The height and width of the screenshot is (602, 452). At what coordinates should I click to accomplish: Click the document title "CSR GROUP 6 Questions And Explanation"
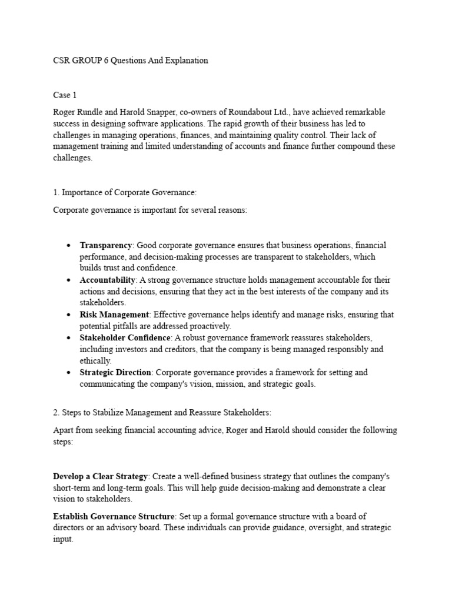click(x=131, y=61)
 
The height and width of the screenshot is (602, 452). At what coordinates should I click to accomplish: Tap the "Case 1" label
click(x=65, y=95)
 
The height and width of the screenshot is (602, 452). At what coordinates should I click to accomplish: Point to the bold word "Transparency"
click(x=106, y=245)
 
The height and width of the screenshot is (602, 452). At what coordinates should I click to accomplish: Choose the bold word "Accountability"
click(x=108, y=280)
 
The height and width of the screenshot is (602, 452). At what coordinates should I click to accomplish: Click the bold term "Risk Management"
click(x=114, y=315)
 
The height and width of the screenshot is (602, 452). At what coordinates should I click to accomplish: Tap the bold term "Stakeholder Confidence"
click(x=125, y=337)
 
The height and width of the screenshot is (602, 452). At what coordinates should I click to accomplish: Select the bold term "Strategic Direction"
click(x=116, y=372)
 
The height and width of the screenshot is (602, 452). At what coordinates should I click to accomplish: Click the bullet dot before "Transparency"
click(x=69, y=246)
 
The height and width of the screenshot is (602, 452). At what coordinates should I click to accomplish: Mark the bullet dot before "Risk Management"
click(x=69, y=315)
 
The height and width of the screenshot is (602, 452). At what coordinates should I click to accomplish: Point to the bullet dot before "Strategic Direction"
click(x=69, y=373)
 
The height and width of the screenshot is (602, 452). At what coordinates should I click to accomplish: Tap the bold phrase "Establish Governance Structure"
click(x=112, y=516)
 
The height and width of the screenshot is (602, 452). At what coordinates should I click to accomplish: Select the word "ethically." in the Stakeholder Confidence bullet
click(x=95, y=360)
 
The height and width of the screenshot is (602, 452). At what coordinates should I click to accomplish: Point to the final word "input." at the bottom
click(x=63, y=539)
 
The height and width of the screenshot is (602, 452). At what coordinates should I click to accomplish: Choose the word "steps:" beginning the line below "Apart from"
click(x=63, y=442)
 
